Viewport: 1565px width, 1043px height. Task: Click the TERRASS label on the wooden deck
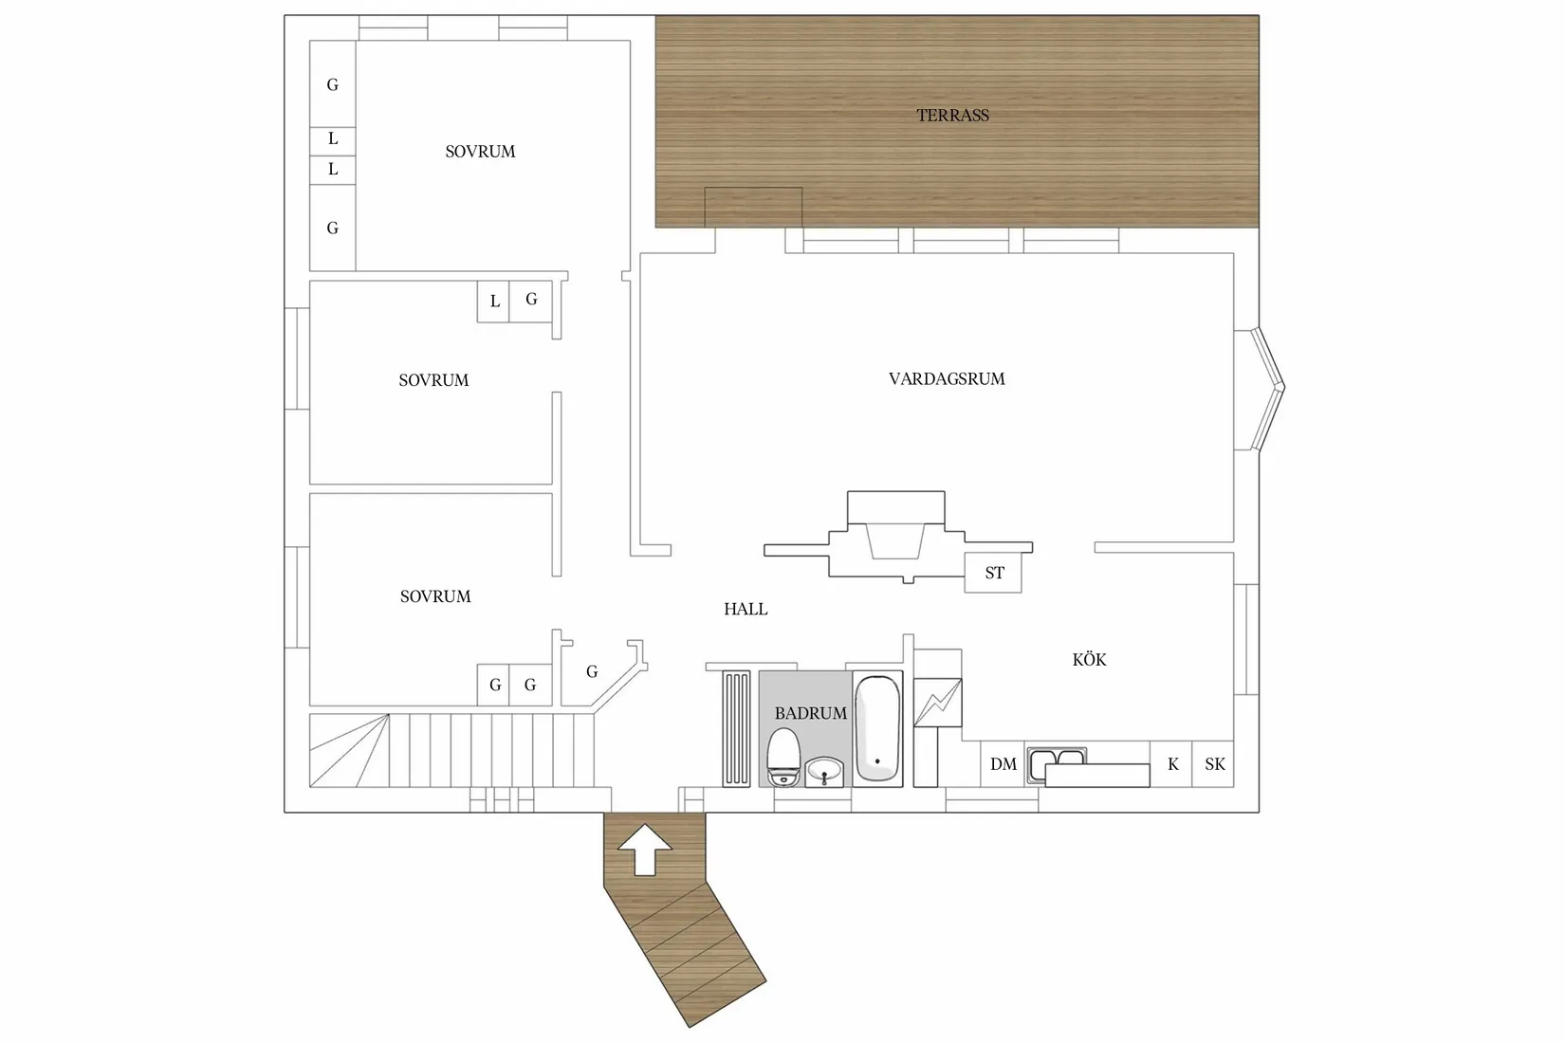952,116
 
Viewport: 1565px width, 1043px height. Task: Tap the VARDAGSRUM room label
947,378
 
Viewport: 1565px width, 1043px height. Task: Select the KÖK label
1089,660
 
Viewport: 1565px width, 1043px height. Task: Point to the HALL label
746,609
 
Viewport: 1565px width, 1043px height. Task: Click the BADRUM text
810,713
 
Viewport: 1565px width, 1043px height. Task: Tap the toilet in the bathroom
783,758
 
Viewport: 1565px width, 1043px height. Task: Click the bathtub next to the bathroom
877,728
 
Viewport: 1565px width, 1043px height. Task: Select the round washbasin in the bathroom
824,772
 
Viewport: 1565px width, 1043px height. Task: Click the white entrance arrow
645,849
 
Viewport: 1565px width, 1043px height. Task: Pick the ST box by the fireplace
993,573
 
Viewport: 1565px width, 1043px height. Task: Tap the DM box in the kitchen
1003,764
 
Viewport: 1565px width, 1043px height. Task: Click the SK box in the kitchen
1213,764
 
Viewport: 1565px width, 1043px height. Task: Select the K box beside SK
1171,764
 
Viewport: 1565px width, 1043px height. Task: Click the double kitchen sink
1057,758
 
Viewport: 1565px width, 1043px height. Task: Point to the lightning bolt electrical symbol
938,702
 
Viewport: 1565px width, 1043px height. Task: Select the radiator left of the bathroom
736,728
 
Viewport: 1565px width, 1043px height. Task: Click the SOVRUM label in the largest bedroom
480,152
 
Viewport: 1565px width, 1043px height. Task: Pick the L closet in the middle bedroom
494,302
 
